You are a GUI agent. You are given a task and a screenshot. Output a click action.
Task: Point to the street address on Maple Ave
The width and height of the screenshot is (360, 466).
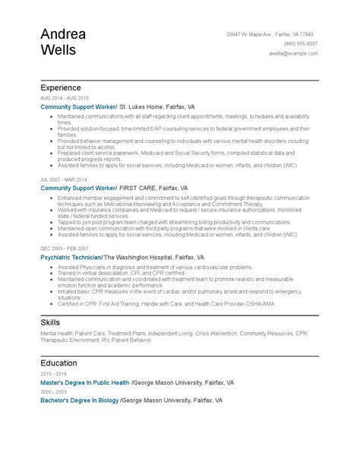(x=281, y=35)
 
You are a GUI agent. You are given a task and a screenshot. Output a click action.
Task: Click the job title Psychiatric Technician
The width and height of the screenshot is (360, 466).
(x=71, y=258)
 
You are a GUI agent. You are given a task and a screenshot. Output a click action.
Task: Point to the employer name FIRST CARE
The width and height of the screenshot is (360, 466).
(x=137, y=186)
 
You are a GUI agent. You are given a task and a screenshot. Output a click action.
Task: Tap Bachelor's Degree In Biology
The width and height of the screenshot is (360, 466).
(x=80, y=399)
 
